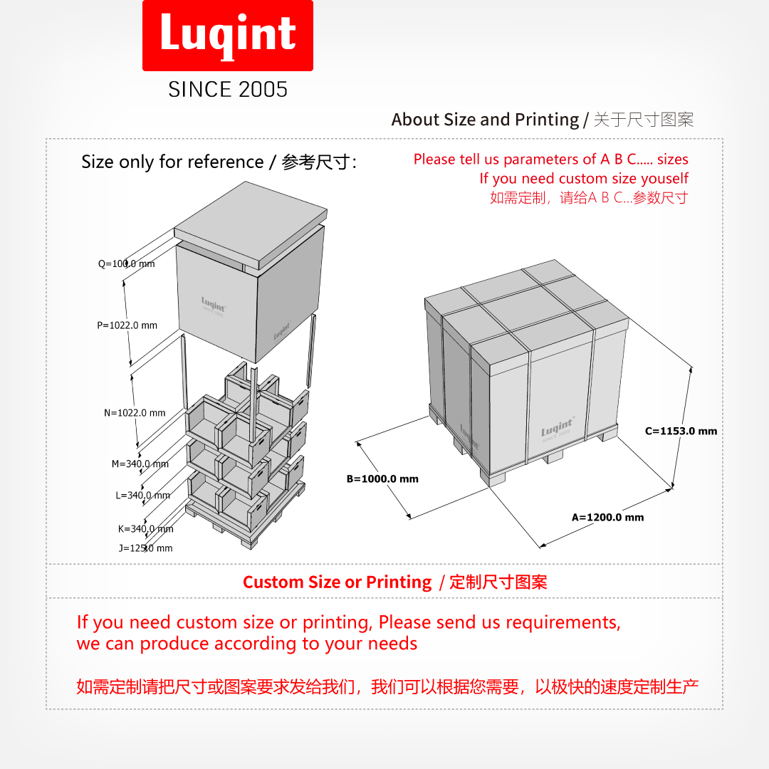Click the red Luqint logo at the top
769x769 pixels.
tap(228, 36)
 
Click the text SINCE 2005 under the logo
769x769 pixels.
tap(228, 89)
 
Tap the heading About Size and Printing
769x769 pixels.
tap(485, 120)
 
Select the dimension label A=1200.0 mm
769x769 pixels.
tap(607, 518)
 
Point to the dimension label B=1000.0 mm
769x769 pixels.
tap(382, 479)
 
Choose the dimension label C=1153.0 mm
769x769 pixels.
tap(681, 431)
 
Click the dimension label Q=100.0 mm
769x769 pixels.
tap(126, 264)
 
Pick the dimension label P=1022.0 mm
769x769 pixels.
tap(127, 325)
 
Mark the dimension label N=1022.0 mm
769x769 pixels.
tap(135, 413)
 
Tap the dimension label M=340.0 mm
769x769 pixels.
tap(140, 464)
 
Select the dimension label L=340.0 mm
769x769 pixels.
tap(142, 496)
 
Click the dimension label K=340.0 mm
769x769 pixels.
tap(145, 529)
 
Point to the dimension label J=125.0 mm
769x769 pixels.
tap(145, 548)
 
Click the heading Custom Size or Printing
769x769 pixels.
tap(337, 582)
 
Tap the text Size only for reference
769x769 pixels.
tap(172, 162)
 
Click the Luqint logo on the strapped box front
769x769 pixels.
tap(556, 429)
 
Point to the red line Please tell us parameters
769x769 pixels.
tap(550, 159)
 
